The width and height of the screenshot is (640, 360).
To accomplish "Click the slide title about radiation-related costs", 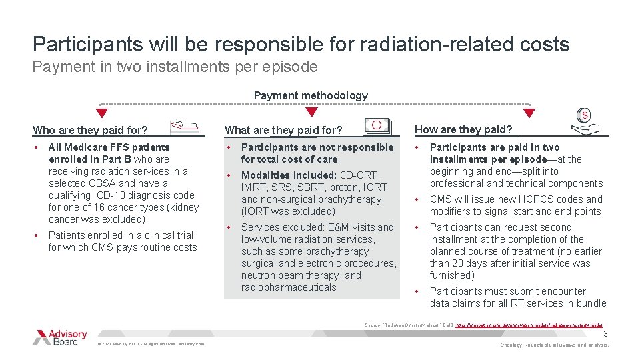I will click(301, 44).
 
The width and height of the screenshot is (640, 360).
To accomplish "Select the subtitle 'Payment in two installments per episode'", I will click(175, 67).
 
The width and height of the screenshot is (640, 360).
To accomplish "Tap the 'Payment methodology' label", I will click(311, 95).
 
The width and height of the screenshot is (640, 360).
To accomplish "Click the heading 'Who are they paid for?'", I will click(90, 130).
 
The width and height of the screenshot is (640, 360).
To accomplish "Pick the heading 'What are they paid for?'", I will click(283, 130).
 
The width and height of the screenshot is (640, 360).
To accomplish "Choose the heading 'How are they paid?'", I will click(463, 129).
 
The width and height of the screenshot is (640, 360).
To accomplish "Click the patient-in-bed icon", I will click(184, 125).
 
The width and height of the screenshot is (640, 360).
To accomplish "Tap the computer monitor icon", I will click(377, 125).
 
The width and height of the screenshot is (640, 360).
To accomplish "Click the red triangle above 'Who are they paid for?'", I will click(103, 113).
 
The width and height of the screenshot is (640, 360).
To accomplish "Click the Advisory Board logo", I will click(60, 337).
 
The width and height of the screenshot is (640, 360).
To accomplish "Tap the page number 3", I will click(605, 334).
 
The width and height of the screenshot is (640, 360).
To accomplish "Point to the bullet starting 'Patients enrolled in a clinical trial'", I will click(123, 241).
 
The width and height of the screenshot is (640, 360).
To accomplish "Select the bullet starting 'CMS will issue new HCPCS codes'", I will click(515, 205).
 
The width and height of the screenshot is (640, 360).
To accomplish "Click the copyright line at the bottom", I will click(151, 344).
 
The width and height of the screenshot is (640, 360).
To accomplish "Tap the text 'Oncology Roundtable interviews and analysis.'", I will click(555, 345).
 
